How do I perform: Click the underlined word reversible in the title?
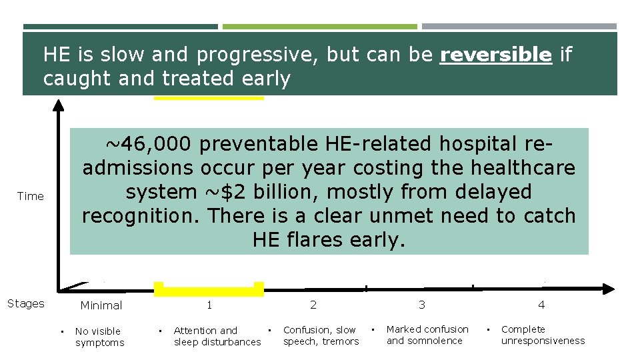click(x=495, y=55)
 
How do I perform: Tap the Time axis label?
click(x=31, y=196)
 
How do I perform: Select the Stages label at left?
click(x=26, y=303)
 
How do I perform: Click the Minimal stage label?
click(x=101, y=305)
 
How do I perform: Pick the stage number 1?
click(x=209, y=305)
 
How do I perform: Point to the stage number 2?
click(x=313, y=305)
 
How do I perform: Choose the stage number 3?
click(x=422, y=305)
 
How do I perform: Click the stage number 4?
click(x=541, y=305)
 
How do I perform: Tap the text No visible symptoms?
click(x=99, y=337)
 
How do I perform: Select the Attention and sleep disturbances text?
click(x=217, y=336)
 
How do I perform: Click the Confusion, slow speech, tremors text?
click(x=321, y=335)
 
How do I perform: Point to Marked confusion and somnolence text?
click(x=427, y=335)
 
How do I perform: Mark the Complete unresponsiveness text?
click(x=543, y=335)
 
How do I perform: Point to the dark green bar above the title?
click(x=120, y=27)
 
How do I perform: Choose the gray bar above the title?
click(x=519, y=27)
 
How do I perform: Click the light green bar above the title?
click(x=319, y=27)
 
